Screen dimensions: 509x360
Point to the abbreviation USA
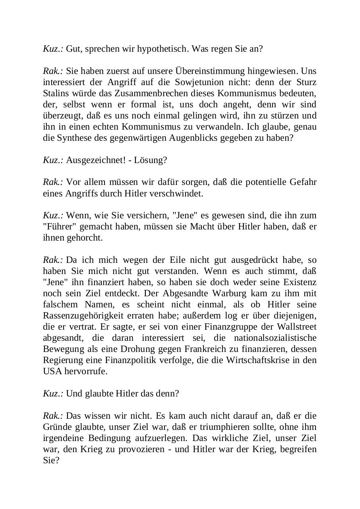coord(52,371)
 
